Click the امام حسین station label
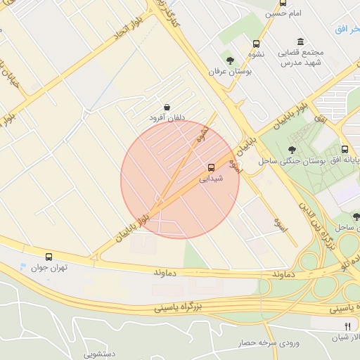(x=276, y=13)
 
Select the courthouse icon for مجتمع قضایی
(x=301, y=41)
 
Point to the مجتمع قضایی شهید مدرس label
(x=300, y=58)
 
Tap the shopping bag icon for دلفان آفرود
(x=166, y=107)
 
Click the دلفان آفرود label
(x=167, y=119)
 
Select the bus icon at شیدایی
(x=211, y=167)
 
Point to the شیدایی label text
(x=211, y=179)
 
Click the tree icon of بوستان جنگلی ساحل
(x=292, y=149)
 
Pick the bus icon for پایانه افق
(x=345, y=149)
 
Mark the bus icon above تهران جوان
(x=49, y=257)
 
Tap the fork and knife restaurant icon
(x=347, y=326)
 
